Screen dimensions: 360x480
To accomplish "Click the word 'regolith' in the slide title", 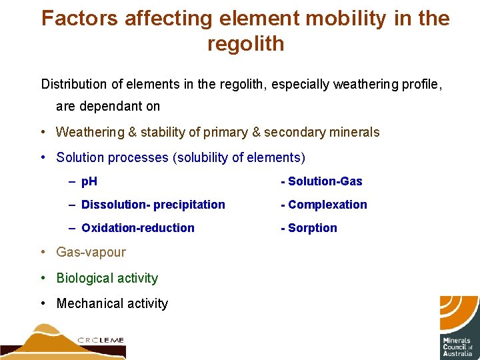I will (x=245, y=44).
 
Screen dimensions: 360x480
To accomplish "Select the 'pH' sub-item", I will (x=89, y=181).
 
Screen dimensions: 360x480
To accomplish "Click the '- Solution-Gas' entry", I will (x=321, y=181).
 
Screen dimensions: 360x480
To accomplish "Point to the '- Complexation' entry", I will (x=324, y=205).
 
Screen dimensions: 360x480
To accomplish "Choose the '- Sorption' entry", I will (x=309, y=228).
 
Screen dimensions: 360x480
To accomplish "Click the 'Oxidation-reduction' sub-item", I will (x=138, y=228).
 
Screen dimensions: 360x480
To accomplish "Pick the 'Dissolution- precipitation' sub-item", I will (x=153, y=205).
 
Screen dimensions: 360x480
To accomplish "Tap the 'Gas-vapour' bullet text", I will (x=91, y=252).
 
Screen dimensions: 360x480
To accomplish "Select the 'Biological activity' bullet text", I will (x=107, y=278).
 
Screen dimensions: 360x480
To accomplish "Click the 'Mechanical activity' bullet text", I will (x=112, y=303).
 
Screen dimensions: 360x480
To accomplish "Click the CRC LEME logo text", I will (x=101, y=340).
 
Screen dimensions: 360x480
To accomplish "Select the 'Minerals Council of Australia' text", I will (x=458, y=346).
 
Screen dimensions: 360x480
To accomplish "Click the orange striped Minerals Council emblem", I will (x=459, y=313).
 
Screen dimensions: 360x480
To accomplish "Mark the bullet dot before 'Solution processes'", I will (x=42, y=157).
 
